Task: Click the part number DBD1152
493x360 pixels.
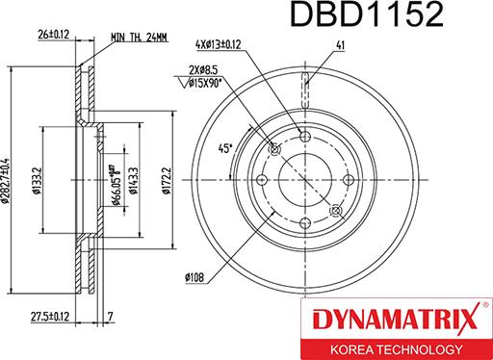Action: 395,15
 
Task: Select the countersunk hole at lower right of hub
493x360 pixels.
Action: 334,210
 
